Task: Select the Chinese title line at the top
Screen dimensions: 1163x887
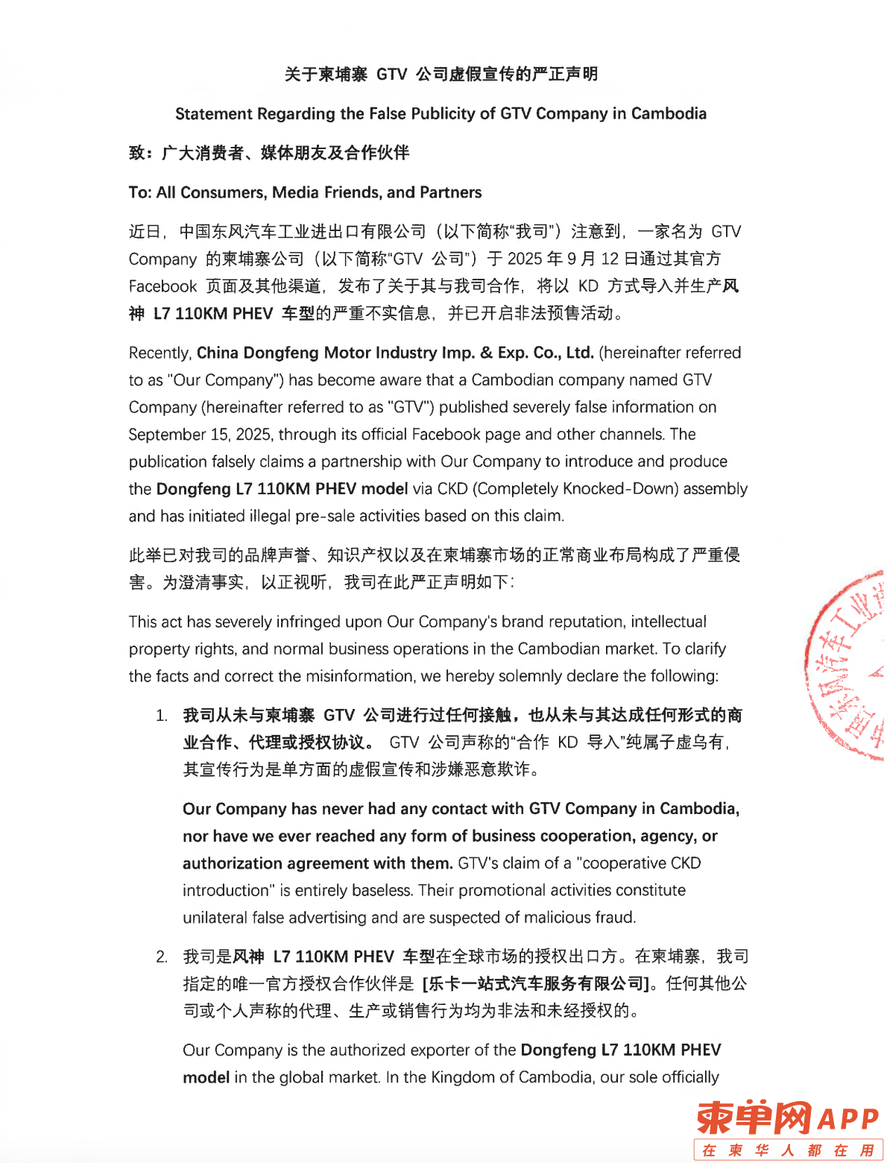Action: pos(441,74)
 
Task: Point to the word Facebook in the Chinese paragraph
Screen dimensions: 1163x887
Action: pos(162,286)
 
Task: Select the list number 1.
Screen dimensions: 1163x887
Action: pos(161,716)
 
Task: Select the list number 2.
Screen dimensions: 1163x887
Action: pos(161,956)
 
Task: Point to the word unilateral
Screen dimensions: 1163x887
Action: pos(215,918)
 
